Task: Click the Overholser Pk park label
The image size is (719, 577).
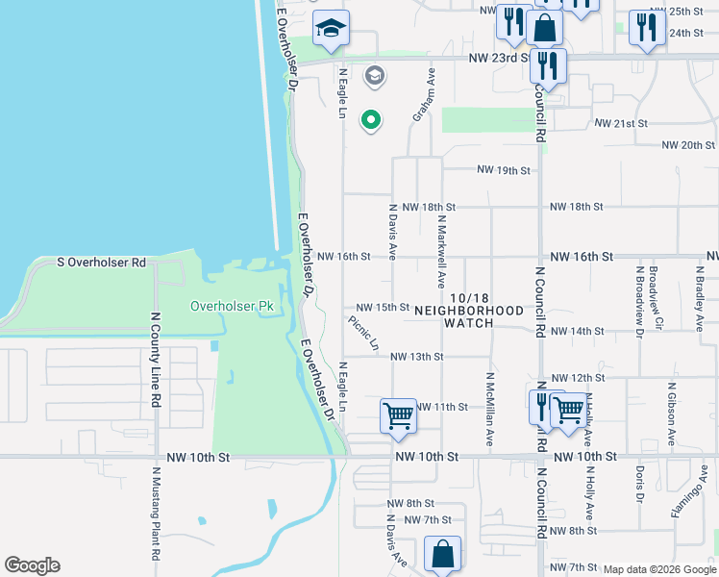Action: click(x=232, y=307)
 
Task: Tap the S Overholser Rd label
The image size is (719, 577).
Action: click(x=101, y=262)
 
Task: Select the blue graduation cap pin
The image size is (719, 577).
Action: click(x=331, y=31)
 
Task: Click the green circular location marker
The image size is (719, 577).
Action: click(x=371, y=120)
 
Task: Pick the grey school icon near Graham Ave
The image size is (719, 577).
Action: click(x=374, y=75)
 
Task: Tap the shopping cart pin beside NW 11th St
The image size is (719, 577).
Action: click(x=398, y=416)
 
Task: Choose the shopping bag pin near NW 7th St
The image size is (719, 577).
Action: click(x=442, y=555)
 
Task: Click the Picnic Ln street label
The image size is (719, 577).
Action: click(x=364, y=333)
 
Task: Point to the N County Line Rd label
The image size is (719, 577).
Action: click(x=155, y=359)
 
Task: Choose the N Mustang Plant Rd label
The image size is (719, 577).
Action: click(x=155, y=514)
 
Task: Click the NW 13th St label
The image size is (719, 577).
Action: click(x=416, y=357)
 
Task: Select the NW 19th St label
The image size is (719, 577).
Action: click(x=505, y=171)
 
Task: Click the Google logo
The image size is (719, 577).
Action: click(x=32, y=565)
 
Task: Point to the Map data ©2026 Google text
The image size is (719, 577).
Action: click(x=659, y=569)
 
